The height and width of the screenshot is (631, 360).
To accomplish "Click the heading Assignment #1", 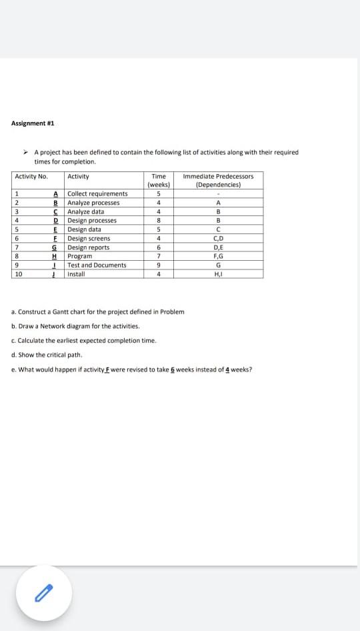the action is click(33, 123).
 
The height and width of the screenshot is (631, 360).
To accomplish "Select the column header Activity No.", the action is click(31, 177).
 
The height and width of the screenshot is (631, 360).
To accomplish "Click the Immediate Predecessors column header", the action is click(218, 180).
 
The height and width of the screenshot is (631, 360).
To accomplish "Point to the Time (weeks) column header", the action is click(159, 180).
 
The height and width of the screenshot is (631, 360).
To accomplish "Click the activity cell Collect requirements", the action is click(97, 194).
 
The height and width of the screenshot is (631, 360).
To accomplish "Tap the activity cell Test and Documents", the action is click(97, 265).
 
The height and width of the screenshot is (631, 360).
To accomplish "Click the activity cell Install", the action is click(76, 274).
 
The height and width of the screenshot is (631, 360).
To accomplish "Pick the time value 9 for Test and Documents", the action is click(159, 265).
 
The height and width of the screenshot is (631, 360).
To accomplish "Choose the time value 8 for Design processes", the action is click(159, 221).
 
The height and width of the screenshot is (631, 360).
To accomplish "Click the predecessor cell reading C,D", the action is click(218, 238).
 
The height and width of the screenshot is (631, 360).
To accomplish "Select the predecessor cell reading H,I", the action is click(218, 274).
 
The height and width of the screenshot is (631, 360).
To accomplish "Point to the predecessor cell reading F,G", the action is click(218, 256).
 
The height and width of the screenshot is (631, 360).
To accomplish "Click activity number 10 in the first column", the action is click(19, 274).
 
